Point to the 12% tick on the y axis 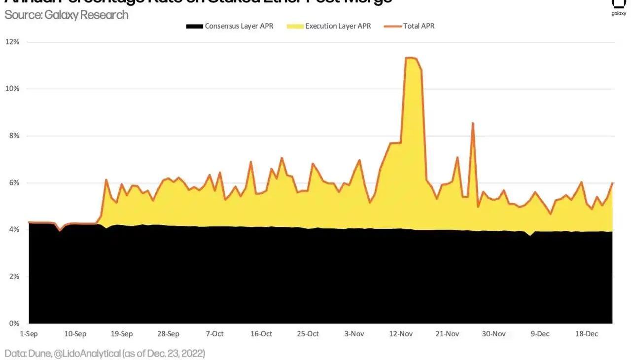12,42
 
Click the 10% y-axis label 12,89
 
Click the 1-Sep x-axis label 29,334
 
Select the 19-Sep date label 122,334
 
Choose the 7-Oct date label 214,334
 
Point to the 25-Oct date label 308,334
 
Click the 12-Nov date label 401,334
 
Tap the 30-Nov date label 493,334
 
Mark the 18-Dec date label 587,334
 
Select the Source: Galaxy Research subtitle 67,15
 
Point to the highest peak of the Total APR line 411,58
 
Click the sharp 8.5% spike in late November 473,123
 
